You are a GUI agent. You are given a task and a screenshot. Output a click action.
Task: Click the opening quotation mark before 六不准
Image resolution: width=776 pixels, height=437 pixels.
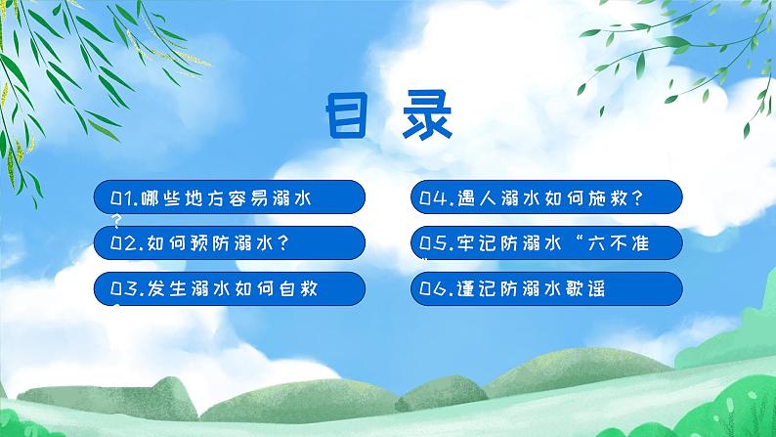[x=585, y=240]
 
